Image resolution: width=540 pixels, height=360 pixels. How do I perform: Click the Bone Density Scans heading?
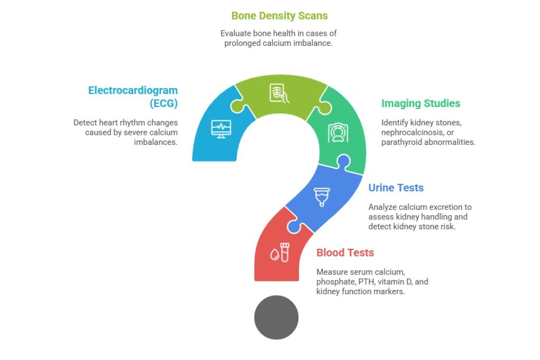pos(279,15)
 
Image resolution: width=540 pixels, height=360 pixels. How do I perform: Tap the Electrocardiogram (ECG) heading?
pos(133,96)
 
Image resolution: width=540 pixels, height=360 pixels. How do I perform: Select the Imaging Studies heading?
pos(421,103)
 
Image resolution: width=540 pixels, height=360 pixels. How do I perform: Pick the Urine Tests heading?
pos(396,188)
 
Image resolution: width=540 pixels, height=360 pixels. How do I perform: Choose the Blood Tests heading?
pos(345,252)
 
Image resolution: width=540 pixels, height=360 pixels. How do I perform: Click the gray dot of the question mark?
pos(276,318)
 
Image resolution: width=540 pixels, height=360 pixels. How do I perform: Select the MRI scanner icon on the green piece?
pos(337,133)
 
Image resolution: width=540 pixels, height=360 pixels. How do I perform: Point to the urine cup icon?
pos(320,197)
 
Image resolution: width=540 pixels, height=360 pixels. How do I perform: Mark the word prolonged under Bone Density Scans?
pos(240,43)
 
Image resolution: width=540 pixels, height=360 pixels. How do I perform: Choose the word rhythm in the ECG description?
pos(132,122)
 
